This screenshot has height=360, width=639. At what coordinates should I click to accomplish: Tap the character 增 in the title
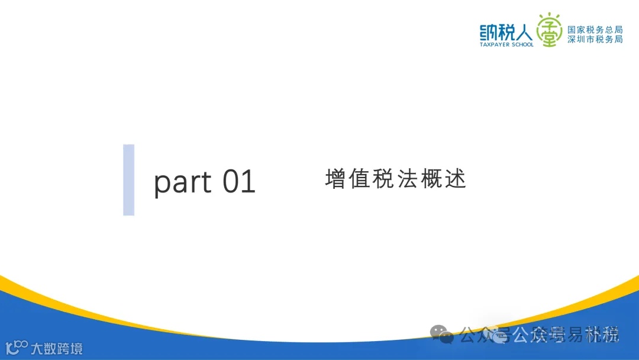point(335,179)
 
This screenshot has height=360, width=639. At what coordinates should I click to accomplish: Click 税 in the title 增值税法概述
point(384,179)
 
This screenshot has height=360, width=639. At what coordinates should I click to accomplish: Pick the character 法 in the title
point(408,179)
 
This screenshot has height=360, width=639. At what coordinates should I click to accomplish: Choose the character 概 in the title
point(433,179)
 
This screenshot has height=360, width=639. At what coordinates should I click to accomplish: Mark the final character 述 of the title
point(457,179)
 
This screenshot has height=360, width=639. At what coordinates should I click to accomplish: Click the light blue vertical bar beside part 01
point(128,179)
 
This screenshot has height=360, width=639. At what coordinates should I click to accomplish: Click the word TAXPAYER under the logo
point(495,44)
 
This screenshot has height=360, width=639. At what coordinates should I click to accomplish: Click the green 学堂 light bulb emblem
point(550,31)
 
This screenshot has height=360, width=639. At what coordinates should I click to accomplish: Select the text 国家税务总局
point(595,29)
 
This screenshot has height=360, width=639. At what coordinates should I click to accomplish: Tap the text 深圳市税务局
point(595,39)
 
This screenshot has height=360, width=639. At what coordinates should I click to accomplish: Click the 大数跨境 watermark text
point(57,348)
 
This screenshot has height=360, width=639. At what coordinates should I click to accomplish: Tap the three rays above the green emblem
point(550,14)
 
